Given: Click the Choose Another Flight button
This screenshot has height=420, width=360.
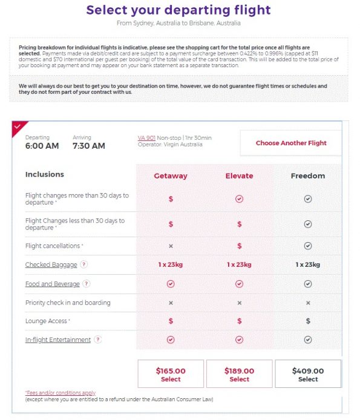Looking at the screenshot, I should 290,143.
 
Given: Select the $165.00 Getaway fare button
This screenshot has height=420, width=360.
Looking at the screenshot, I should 171,374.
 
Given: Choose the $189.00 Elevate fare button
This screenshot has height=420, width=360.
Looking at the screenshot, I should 239,374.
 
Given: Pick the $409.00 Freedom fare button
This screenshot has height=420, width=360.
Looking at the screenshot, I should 307,374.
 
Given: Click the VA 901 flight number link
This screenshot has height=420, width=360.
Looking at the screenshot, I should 146,138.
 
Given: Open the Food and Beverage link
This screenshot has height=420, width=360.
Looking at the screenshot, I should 52,284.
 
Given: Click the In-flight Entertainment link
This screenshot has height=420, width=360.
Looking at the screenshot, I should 57,340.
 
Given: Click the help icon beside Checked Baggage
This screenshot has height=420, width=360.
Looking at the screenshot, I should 84,264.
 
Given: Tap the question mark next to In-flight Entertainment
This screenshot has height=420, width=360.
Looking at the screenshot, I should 98,340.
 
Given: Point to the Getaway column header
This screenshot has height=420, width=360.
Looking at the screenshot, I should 171,176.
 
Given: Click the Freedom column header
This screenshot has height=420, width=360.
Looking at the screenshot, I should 308,176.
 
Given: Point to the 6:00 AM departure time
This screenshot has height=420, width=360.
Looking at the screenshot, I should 42,146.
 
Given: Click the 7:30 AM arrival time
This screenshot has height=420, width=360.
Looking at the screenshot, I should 88,146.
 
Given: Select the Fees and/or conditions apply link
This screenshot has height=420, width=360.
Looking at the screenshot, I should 61,393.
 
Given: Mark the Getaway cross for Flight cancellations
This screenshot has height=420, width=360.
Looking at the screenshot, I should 171,246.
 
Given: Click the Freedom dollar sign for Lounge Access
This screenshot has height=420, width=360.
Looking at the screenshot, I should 308,321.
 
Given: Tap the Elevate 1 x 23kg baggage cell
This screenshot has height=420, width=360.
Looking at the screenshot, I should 239,264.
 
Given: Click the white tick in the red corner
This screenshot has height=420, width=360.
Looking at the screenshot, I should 18,126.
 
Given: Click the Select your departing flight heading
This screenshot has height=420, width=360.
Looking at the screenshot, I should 178,10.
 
